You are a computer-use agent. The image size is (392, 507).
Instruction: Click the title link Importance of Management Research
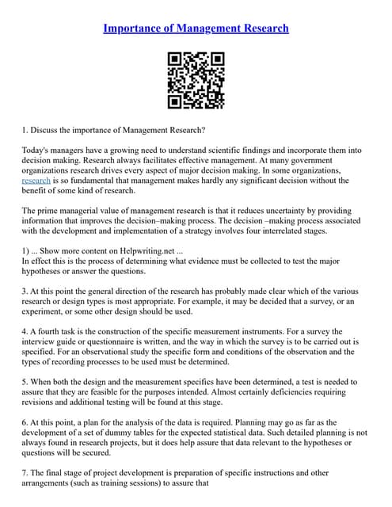pyautogui.click(x=196, y=29)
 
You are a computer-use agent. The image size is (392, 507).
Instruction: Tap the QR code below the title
pyautogui.click(x=196, y=80)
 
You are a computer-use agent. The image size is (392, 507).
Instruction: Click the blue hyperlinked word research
pyautogui.click(x=36, y=181)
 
